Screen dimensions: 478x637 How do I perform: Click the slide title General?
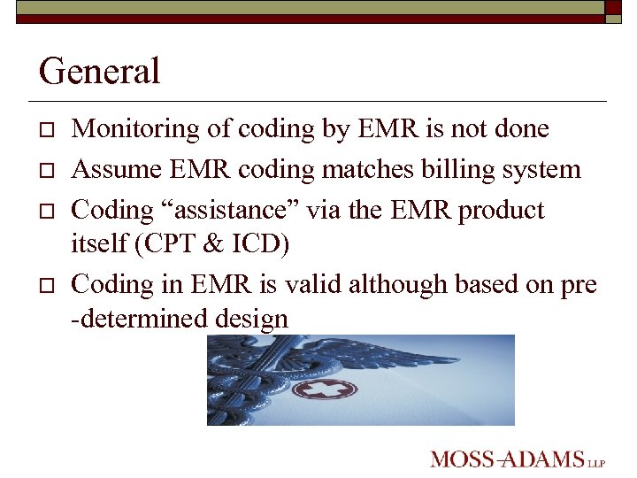(100, 71)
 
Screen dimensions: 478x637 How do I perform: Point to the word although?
(399, 284)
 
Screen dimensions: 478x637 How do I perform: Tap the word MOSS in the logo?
(459, 459)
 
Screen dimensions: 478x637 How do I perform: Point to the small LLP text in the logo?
(598, 462)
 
